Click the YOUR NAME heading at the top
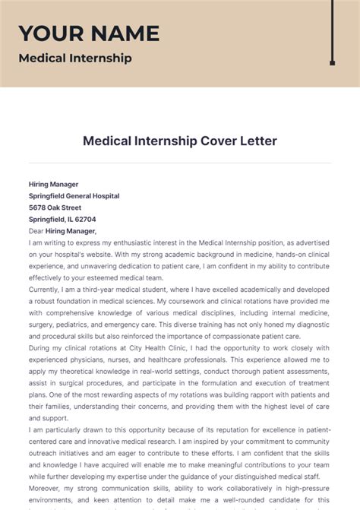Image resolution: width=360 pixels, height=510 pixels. point(89,33)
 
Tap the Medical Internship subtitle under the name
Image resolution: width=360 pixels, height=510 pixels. point(74,58)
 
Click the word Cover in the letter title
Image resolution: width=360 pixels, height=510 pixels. point(200,141)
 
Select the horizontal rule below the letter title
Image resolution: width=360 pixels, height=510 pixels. point(180,163)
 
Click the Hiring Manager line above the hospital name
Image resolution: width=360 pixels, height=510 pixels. point(53,184)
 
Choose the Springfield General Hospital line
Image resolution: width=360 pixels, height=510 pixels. point(74,195)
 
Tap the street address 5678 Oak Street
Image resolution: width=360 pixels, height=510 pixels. point(55,207)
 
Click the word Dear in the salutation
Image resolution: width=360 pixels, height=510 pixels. point(36,231)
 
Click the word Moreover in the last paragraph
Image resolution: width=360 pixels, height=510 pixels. point(47,489)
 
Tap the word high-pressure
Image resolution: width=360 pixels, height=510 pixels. point(305,489)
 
